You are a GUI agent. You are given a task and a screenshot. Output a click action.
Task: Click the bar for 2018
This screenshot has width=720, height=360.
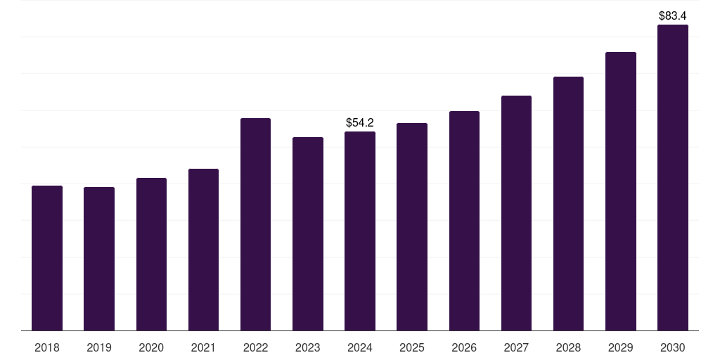pyautogui.click(x=47, y=258)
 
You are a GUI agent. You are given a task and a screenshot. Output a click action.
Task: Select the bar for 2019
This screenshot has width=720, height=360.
pyautogui.click(x=99, y=259)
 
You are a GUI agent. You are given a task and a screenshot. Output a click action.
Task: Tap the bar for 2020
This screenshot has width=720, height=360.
pyautogui.click(x=151, y=254)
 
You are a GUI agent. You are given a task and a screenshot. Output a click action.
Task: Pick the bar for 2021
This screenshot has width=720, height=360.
pyautogui.click(x=203, y=250)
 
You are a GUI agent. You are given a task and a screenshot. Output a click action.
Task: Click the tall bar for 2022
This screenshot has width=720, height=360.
pyautogui.click(x=255, y=224)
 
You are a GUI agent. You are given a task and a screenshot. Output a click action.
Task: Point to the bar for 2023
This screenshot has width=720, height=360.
pyautogui.click(x=308, y=233)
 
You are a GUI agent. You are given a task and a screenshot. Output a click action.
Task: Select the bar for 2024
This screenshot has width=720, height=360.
pyautogui.click(x=360, y=231)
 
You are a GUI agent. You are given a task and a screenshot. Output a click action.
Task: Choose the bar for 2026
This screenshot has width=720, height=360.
pyautogui.click(x=464, y=221)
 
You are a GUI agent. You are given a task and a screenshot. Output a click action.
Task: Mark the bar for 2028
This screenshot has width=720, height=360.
pyautogui.click(x=568, y=203)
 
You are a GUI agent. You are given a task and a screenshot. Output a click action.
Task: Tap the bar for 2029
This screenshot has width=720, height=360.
pyautogui.click(x=620, y=191)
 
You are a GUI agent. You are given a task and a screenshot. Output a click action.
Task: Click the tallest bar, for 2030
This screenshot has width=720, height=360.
pyautogui.click(x=672, y=178)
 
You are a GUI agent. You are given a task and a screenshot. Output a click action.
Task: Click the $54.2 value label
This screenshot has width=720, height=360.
pyautogui.click(x=360, y=122)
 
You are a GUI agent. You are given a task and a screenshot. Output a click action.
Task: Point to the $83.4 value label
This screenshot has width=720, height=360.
pyautogui.click(x=672, y=15)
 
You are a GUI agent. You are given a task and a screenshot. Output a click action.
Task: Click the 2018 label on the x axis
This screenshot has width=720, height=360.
pyautogui.click(x=47, y=347)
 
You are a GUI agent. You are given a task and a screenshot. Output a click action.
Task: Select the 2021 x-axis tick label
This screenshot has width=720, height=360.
pyautogui.click(x=203, y=347)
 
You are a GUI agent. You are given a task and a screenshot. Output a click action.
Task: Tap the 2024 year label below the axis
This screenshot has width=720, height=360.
pyautogui.click(x=360, y=347)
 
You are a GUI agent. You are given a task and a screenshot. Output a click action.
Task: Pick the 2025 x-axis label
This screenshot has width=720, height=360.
pyautogui.click(x=412, y=347)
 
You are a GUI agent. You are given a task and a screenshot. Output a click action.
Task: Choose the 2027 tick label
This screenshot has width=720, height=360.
pyautogui.click(x=516, y=347)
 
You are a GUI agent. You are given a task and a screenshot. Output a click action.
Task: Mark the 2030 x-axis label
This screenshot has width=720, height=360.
pyautogui.click(x=672, y=347)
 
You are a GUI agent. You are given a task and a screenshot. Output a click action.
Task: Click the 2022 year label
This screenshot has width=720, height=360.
pyautogui.click(x=255, y=347)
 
